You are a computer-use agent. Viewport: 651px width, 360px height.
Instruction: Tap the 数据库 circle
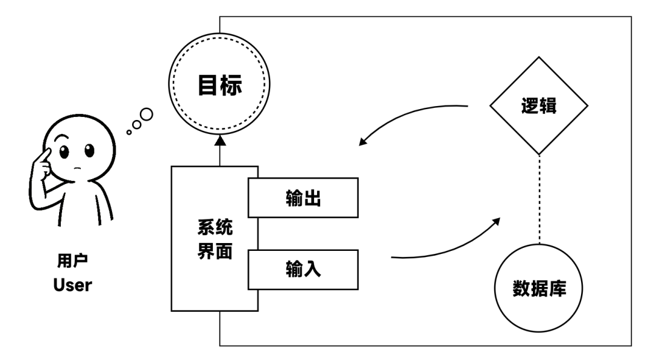(x=538, y=285)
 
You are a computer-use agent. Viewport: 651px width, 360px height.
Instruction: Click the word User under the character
(x=72, y=285)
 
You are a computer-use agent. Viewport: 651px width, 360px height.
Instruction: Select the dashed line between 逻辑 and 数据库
(x=538, y=199)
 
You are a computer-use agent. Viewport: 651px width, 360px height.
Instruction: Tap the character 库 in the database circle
(x=557, y=285)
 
